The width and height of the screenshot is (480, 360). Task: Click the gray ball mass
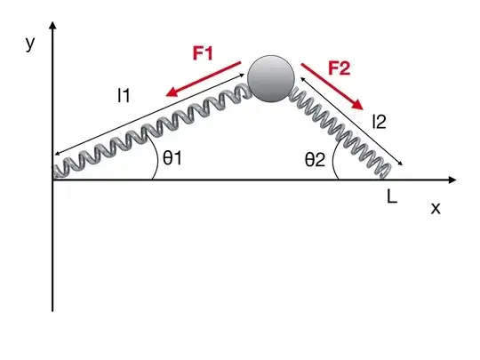click(271, 79)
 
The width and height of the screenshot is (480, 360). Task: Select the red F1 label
click(203, 53)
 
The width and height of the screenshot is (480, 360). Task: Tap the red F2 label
click(340, 68)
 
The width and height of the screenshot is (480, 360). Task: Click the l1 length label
click(124, 95)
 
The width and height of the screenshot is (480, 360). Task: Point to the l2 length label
click(380, 122)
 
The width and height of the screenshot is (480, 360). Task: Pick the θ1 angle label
click(172, 158)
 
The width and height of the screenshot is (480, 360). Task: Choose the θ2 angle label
click(315, 160)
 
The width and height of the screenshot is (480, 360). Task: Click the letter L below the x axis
click(392, 196)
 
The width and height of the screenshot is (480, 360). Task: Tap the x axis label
click(436, 209)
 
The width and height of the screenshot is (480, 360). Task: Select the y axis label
click(30, 44)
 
